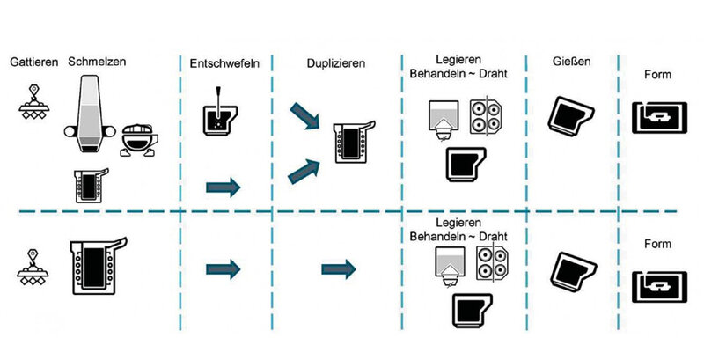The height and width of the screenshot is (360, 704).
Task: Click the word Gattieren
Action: tap(34, 62)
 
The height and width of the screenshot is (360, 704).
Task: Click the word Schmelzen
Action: tap(98, 62)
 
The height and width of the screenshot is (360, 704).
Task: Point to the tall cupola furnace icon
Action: tap(89, 109)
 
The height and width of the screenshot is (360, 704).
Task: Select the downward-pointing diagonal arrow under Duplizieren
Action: tap(304, 115)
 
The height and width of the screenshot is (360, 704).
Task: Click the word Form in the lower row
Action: tap(658, 244)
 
